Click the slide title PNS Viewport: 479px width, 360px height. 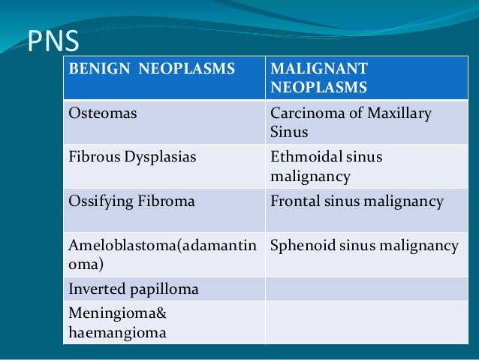tap(53, 43)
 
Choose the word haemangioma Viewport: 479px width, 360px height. tap(117, 331)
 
